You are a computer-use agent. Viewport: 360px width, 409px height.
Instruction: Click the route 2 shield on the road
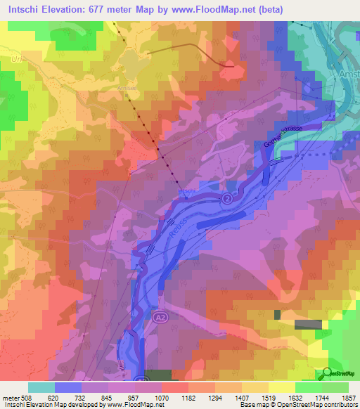[x=227, y=200]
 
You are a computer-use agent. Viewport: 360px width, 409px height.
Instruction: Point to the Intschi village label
[x=184, y=190]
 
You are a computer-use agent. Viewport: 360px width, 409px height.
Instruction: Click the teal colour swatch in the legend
[x=41, y=387]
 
